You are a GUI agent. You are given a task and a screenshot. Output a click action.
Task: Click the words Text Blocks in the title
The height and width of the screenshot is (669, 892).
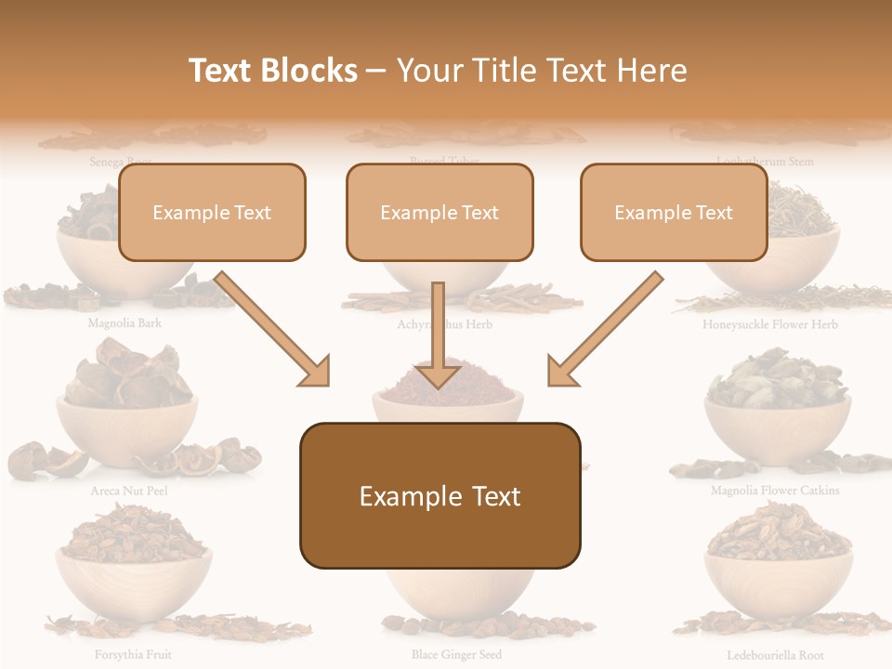click(x=273, y=71)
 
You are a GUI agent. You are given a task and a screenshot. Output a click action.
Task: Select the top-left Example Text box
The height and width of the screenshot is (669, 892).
click(x=212, y=213)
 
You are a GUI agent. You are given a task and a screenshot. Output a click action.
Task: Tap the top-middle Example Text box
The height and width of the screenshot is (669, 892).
click(x=439, y=213)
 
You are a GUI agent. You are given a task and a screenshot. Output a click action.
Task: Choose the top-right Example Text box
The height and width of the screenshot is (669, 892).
click(x=674, y=213)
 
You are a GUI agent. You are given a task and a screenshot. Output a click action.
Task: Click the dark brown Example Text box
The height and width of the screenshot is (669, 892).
click(x=439, y=496)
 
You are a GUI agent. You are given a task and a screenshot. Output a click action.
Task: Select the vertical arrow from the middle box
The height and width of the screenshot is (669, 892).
click(x=438, y=334)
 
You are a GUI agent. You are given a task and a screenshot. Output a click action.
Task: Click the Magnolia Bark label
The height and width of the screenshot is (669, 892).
click(x=125, y=324)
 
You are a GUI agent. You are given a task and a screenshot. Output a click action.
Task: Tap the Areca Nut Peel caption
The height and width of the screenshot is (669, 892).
click(x=129, y=491)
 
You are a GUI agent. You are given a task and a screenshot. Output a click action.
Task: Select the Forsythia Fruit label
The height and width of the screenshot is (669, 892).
click(x=133, y=655)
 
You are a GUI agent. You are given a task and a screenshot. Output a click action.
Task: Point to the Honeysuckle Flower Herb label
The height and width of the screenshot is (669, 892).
click(x=770, y=325)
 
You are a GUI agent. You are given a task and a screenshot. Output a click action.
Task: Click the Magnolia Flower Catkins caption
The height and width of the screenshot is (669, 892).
click(x=775, y=491)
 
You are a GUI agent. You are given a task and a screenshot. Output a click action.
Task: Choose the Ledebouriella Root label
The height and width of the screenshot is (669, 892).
click(x=775, y=655)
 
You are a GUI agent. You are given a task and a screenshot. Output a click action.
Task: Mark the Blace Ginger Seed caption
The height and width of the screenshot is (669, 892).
click(x=456, y=655)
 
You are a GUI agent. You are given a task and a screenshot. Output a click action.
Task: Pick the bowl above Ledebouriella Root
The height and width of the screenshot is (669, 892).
click(x=779, y=581)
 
